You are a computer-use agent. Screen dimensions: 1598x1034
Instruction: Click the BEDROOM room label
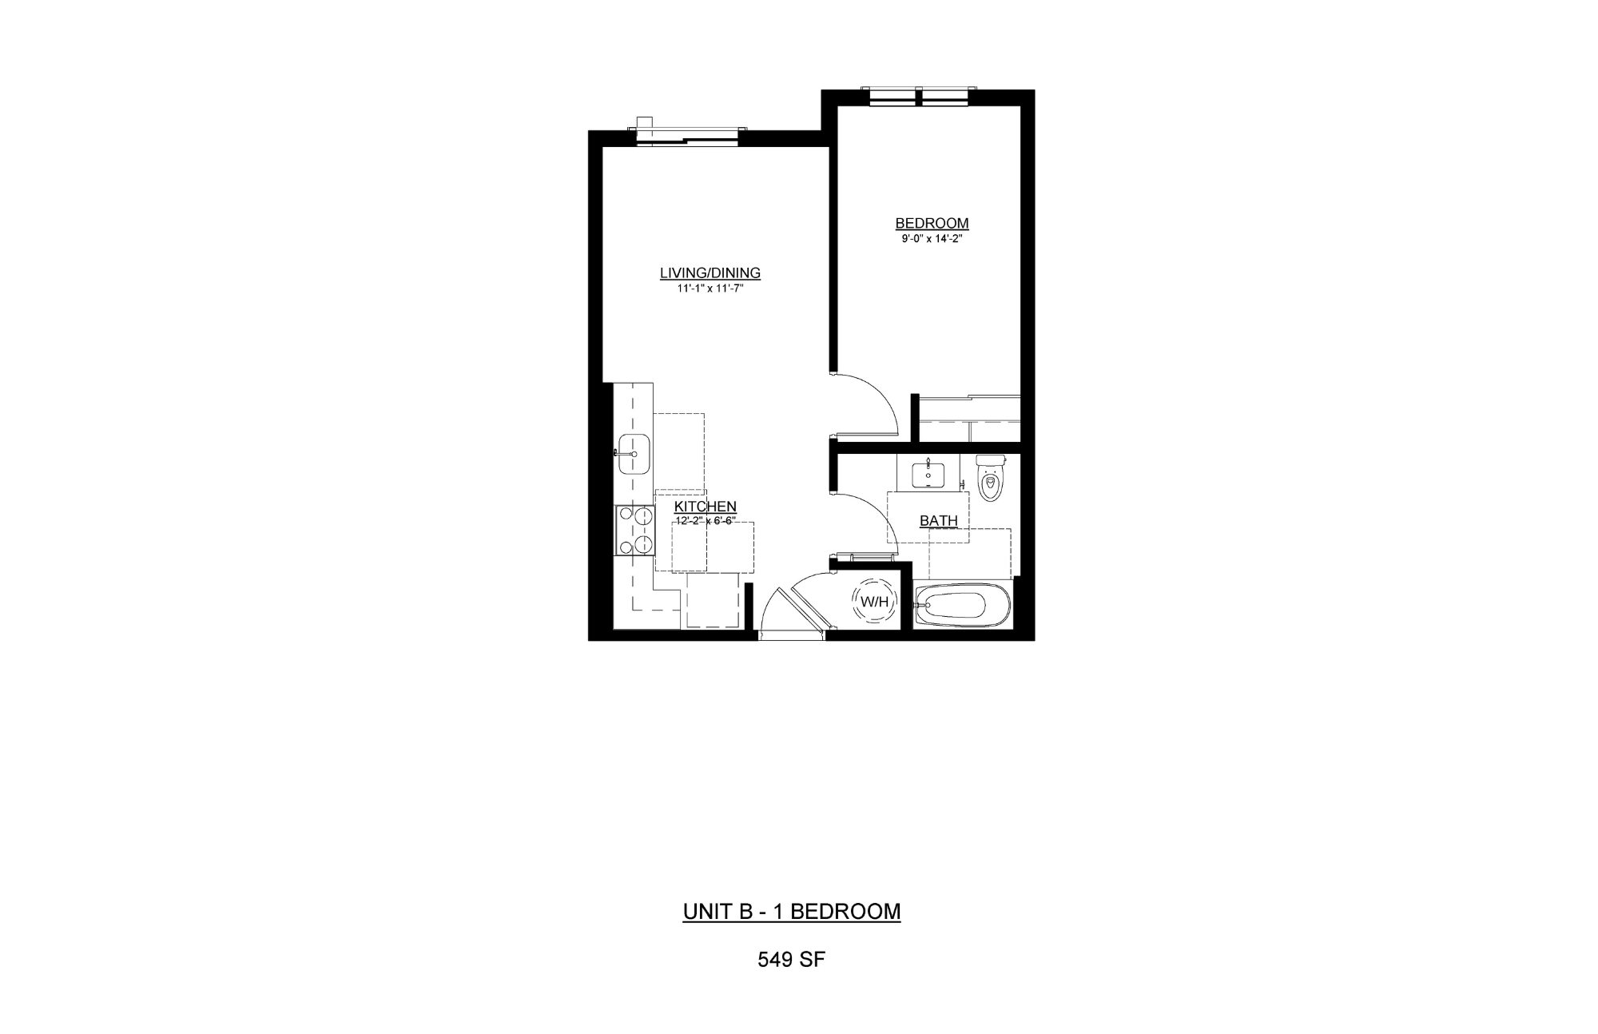pyautogui.click(x=932, y=224)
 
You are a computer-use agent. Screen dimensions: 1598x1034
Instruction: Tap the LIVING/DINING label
pyautogui.click(x=710, y=273)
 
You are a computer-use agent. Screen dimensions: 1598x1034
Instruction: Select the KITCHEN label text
pyautogui.click(x=706, y=507)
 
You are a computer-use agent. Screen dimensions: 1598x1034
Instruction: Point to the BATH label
pyautogui.click(x=939, y=521)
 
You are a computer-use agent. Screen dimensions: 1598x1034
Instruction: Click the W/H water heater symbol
pyautogui.click(x=874, y=602)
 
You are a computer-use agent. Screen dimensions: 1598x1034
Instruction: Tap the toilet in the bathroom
pyautogui.click(x=991, y=478)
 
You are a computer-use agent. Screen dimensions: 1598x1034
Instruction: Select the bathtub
pyautogui.click(x=963, y=605)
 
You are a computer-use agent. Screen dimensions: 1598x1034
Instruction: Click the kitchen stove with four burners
pyautogui.click(x=634, y=531)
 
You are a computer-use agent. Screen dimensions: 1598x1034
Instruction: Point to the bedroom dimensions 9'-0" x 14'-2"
pyautogui.click(x=932, y=238)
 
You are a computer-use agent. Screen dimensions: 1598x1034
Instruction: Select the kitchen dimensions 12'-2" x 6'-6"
pyautogui.click(x=706, y=520)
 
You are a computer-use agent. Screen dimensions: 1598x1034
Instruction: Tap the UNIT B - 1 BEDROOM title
pyautogui.click(x=792, y=912)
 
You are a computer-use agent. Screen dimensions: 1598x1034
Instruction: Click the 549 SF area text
pyautogui.click(x=791, y=960)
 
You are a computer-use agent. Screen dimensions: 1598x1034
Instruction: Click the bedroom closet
pyautogui.click(x=969, y=418)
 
